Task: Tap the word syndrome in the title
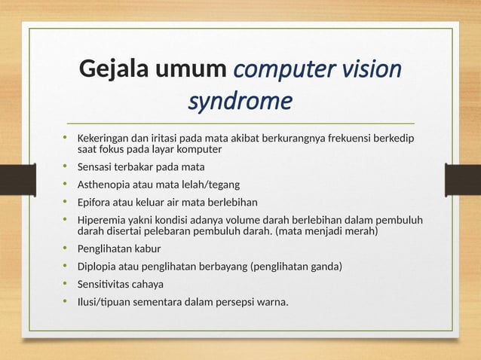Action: tap(239, 100)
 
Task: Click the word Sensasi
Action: tap(98, 166)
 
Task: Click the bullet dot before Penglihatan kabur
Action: tap(66, 248)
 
